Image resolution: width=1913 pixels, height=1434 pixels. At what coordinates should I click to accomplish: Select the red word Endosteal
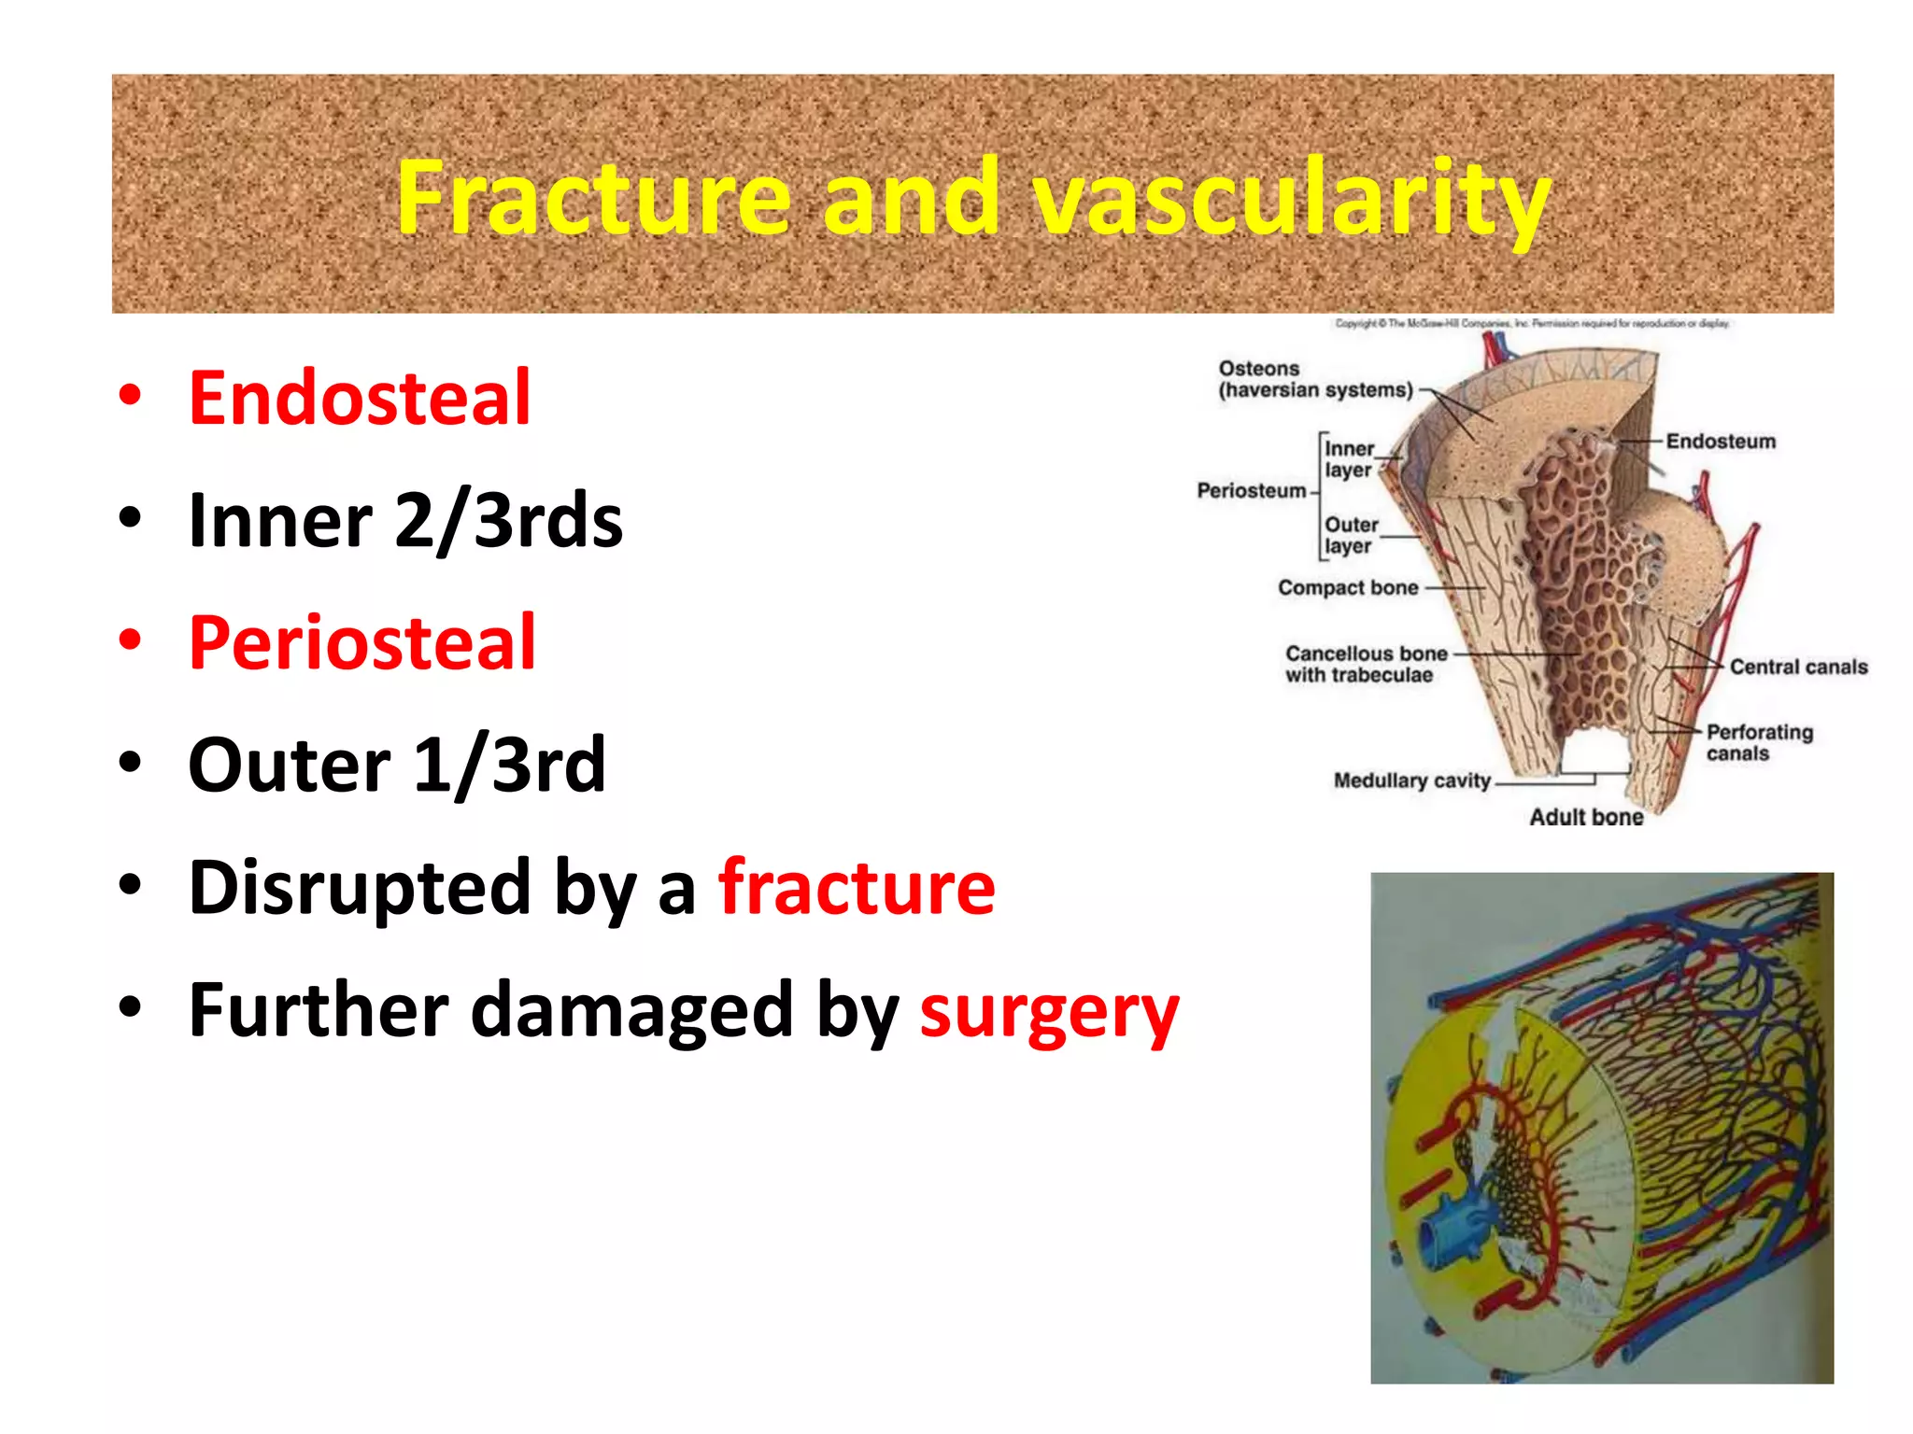tap(360, 399)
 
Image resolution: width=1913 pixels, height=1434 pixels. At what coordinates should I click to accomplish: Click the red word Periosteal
tap(362, 643)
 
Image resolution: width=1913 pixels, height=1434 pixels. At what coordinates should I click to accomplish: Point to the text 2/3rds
tap(508, 521)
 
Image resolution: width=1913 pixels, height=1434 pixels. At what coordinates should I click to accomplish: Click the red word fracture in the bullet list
tap(856, 888)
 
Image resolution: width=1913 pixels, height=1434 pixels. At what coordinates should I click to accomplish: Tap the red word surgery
tap(1049, 1012)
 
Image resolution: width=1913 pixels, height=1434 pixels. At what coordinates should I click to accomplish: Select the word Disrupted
tap(360, 888)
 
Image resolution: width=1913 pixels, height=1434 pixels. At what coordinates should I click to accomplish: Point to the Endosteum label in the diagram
tap(1721, 442)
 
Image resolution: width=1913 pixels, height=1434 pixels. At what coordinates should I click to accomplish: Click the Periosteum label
tap(1252, 491)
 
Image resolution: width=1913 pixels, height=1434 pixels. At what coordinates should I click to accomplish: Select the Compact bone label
tap(1348, 588)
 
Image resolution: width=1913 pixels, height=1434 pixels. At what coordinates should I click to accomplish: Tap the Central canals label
tap(1798, 667)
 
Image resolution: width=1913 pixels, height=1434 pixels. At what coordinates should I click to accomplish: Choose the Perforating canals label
tap(1758, 742)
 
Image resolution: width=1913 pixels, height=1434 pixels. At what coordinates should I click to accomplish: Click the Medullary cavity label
tap(1411, 780)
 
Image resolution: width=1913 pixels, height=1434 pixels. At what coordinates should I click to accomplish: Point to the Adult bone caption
tap(1585, 817)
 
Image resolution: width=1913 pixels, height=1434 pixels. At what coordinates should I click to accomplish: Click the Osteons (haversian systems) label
tap(1314, 380)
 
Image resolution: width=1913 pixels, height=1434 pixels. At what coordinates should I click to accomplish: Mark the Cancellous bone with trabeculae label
tap(1365, 664)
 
